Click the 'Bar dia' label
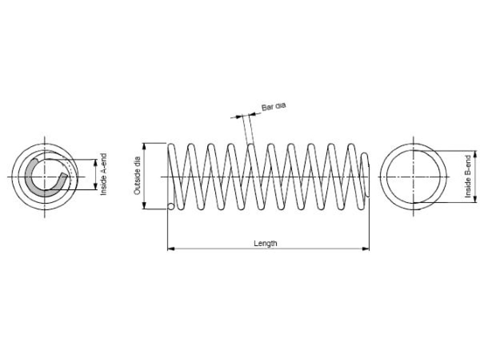(x=273, y=106)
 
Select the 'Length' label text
(x=265, y=243)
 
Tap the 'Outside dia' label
(x=137, y=176)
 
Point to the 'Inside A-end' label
(x=104, y=174)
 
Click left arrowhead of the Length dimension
(x=171, y=248)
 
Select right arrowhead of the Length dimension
(x=366, y=248)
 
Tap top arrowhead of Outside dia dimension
(x=144, y=147)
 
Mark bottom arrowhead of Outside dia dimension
(x=144, y=205)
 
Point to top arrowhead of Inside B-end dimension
(x=475, y=154)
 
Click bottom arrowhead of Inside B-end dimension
(x=475, y=199)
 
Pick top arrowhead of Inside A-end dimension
(x=95, y=163)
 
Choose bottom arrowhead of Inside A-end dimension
(x=95, y=186)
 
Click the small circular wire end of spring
(x=171, y=207)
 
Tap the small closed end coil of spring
(x=365, y=175)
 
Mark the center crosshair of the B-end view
(x=413, y=177)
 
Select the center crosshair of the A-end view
(x=45, y=177)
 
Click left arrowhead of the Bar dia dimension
(x=239, y=116)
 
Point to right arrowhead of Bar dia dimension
(x=253, y=114)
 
